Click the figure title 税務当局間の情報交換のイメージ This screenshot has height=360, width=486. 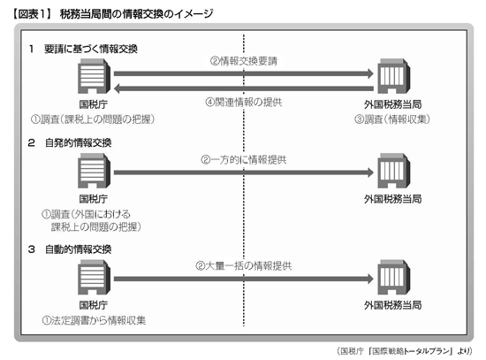click(x=136, y=14)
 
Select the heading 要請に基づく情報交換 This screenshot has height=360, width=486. click(x=91, y=49)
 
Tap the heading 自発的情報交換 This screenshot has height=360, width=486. click(x=78, y=142)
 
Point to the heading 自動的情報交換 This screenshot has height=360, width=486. click(x=78, y=249)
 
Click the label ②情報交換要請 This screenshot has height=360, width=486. click(x=244, y=61)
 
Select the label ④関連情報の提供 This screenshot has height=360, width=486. click(x=244, y=102)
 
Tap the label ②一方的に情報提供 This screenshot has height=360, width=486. click(x=244, y=160)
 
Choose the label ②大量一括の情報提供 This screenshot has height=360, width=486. click(x=244, y=266)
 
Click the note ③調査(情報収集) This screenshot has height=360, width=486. click(x=392, y=119)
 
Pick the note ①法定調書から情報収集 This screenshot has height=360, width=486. click(x=94, y=320)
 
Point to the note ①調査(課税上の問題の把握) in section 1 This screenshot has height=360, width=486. click(x=93, y=119)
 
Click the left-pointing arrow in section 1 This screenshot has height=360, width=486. click(x=244, y=88)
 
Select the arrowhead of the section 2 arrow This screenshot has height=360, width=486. click(x=371, y=172)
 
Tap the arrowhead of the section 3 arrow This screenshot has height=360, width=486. click(x=371, y=279)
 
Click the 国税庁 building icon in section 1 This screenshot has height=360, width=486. click(x=94, y=76)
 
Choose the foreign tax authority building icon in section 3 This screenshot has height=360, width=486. click(x=393, y=277)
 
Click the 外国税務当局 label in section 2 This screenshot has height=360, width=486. click(x=392, y=199)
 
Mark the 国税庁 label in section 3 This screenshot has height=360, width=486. click(x=94, y=305)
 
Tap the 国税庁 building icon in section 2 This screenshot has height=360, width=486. click(x=94, y=171)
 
